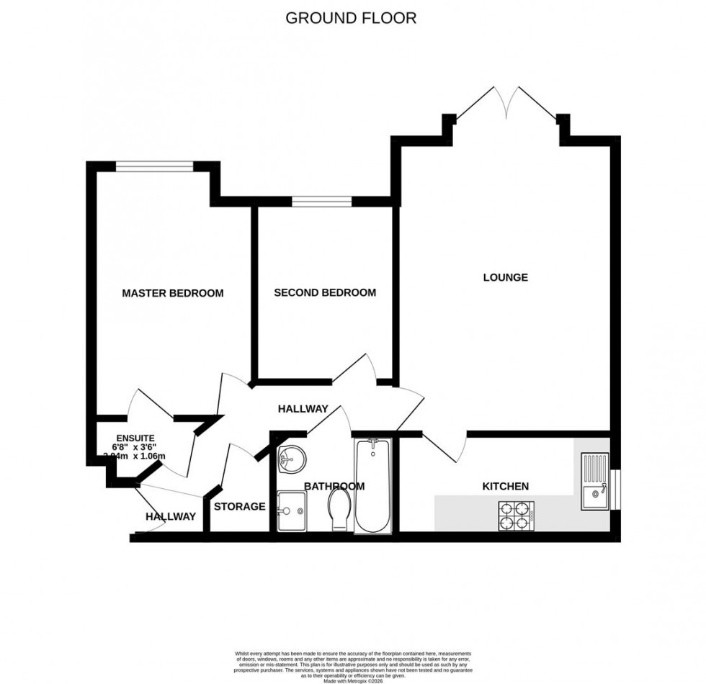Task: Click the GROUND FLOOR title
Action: coord(351,18)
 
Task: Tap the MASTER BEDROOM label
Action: coord(172,293)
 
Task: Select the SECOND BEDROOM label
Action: coord(325,292)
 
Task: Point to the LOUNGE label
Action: coord(505,277)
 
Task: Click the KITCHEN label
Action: coord(505,486)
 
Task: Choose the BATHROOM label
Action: coord(334,486)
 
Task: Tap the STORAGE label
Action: coord(239,506)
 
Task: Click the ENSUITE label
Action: coord(135,438)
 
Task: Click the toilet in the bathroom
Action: coord(340,508)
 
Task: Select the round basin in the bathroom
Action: coord(291,456)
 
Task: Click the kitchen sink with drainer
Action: coord(594,480)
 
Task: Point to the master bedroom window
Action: coord(154,166)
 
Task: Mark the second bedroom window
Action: coord(321,200)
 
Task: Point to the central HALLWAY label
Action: coord(303,409)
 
